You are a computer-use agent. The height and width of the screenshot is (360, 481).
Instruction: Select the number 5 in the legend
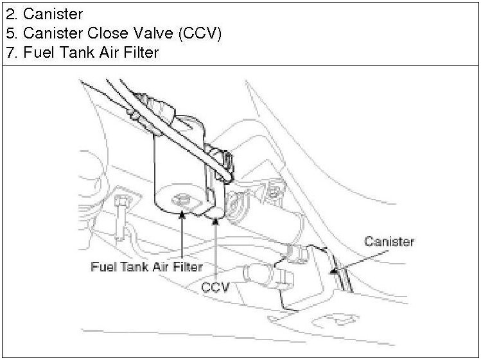[x=10, y=33]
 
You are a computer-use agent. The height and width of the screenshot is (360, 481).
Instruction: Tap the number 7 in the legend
[x=10, y=53]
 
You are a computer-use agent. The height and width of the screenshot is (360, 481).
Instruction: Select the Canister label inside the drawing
[x=389, y=241]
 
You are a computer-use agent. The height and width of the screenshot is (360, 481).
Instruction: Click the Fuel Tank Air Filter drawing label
[x=156, y=265]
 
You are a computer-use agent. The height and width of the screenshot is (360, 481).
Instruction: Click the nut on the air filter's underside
[x=183, y=200]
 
